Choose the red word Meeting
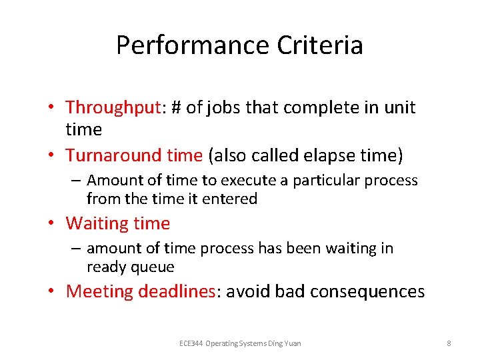99,291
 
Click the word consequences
368,291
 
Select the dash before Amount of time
77,181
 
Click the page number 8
449,343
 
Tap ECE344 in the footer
191,343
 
